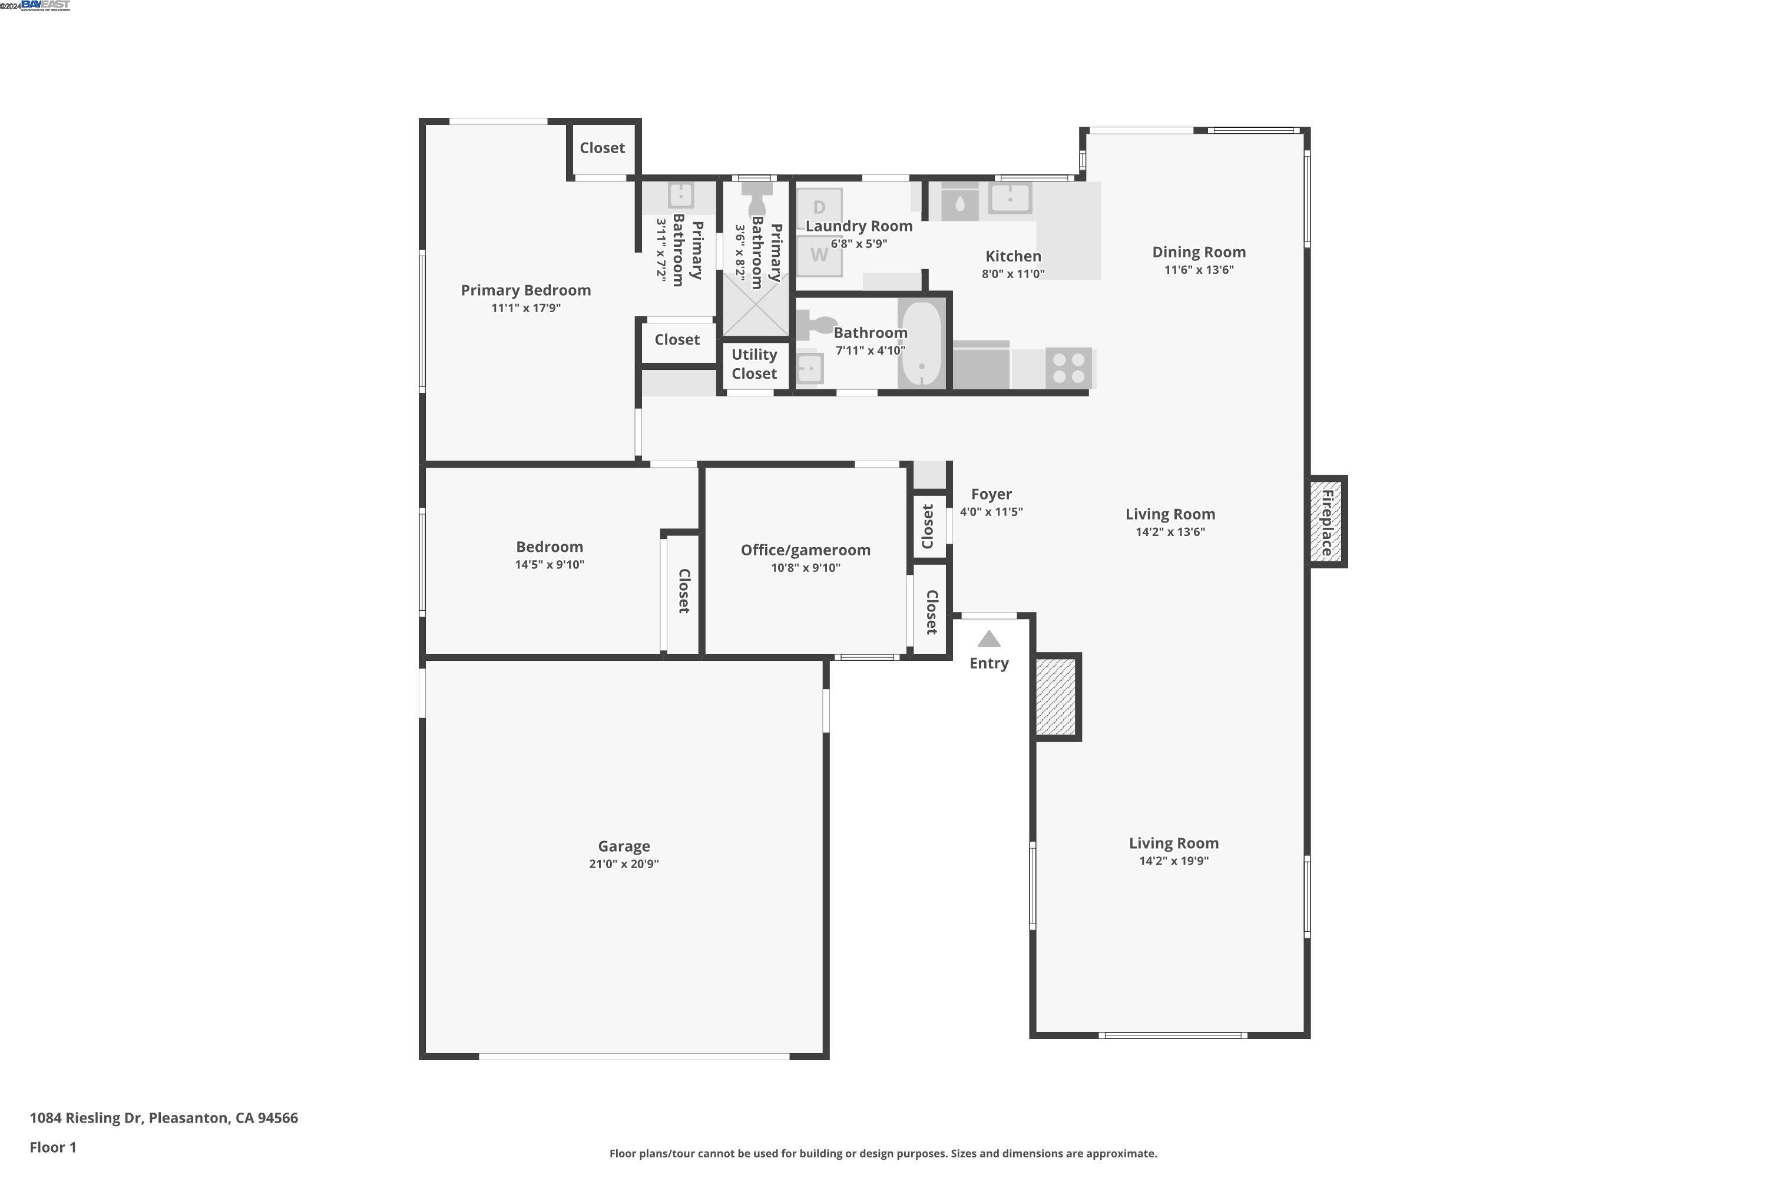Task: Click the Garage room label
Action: point(624,846)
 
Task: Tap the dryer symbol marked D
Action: point(819,207)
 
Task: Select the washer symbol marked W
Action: point(819,254)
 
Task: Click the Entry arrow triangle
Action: point(989,639)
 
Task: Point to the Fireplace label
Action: point(1327,522)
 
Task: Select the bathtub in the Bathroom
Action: point(922,344)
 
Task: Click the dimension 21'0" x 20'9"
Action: point(624,864)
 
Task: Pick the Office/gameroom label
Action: point(805,550)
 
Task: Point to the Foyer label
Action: point(991,494)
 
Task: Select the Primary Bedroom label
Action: point(525,290)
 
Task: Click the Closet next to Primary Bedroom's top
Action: point(602,148)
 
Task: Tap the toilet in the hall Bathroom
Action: point(810,325)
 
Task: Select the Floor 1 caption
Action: point(52,1147)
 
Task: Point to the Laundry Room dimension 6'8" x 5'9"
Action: point(859,243)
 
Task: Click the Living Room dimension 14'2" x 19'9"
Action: point(1173,861)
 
